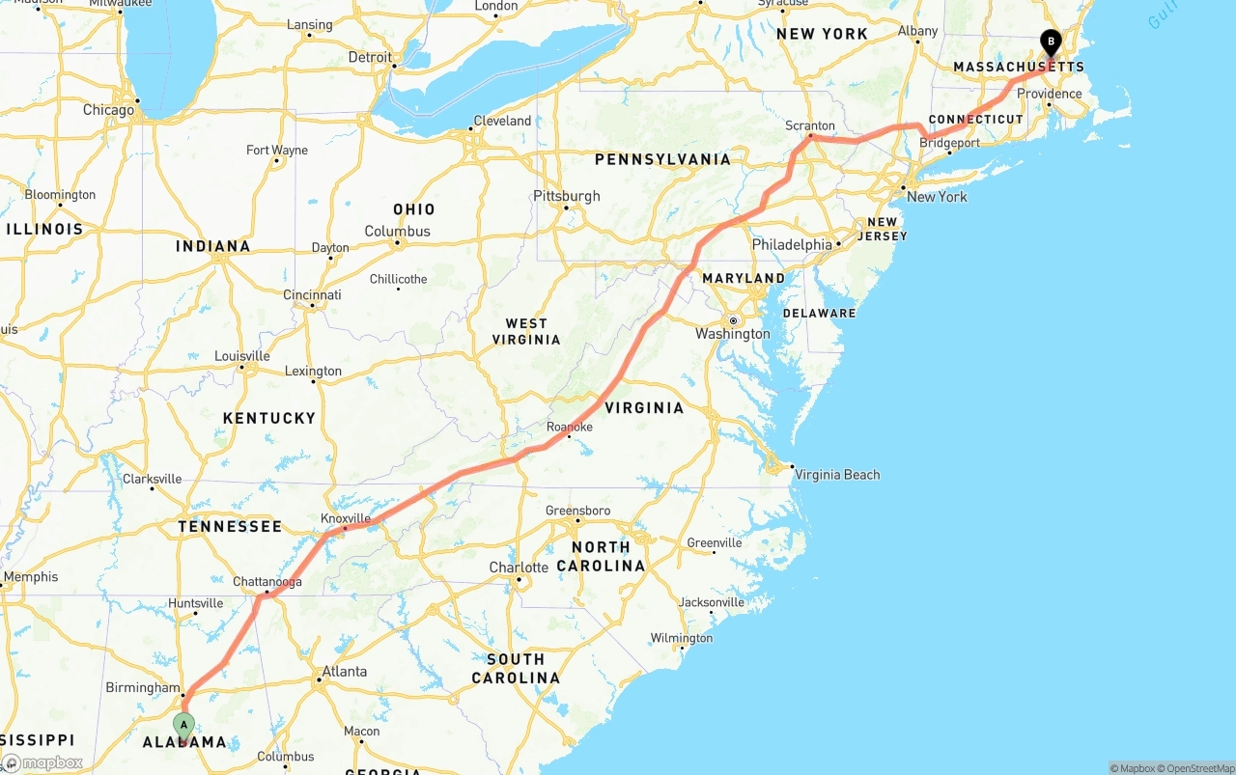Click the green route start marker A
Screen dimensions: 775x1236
(x=183, y=725)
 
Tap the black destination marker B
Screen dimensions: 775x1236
(x=1051, y=42)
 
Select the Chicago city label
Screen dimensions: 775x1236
(x=109, y=110)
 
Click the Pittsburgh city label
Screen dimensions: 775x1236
(x=567, y=196)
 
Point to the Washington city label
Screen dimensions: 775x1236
(x=733, y=334)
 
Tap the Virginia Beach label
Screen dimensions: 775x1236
(x=837, y=474)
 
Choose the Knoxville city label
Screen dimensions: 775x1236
(x=346, y=518)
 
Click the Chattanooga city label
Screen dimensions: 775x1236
(x=267, y=582)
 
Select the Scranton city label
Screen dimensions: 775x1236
(x=811, y=126)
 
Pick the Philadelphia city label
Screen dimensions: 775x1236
(x=792, y=245)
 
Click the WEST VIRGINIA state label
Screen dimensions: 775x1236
(x=526, y=331)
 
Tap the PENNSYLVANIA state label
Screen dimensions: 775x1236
(x=662, y=159)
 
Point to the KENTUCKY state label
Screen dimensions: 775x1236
(x=269, y=418)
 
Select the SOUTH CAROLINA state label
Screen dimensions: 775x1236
(x=516, y=668)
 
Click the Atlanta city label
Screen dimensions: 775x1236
(x=345, y=672)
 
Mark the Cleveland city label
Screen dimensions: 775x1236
(x=502, y=121)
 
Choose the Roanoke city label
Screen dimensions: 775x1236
(x=570, y=427)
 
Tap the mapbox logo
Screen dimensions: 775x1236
(x=42, y=762)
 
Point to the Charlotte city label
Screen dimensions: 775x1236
(x=519, y=567)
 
